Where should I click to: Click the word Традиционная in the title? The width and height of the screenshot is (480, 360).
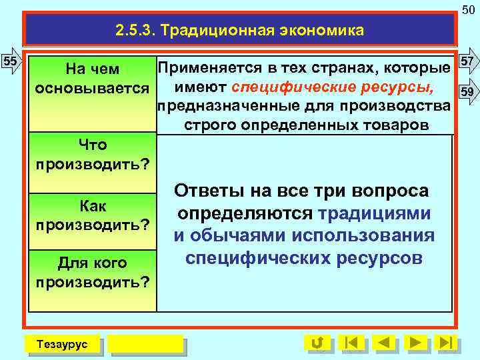coord(210,30)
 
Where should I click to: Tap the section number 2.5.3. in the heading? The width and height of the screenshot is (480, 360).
coord(135,30)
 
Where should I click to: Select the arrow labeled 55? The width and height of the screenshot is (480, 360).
coord(11,61)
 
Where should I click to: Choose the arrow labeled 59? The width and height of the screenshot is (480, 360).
coord(468,91)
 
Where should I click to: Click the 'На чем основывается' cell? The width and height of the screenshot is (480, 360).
coord(92,79)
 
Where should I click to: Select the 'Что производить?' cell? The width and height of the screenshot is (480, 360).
coord(92,154)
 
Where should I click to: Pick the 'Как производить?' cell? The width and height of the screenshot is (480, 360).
coord(92,215)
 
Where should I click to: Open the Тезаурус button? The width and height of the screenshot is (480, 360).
coord(61,343)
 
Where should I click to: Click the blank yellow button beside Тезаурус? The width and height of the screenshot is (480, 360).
coord(145,343)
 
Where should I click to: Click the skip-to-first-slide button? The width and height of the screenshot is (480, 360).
coord(352,343)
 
